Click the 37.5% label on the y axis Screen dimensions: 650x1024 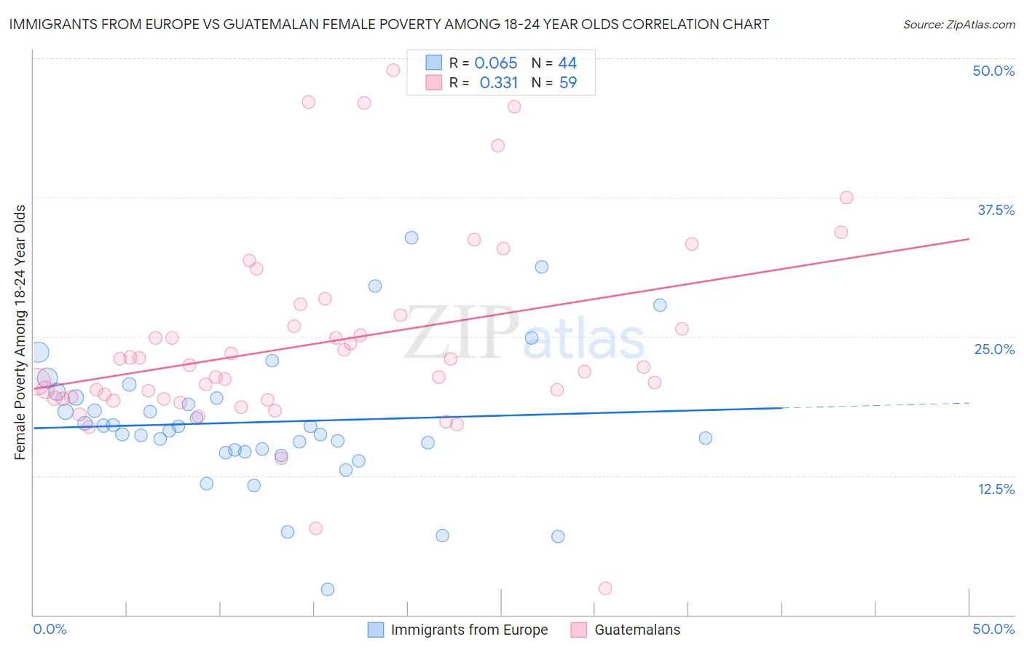click(x=996, y=210)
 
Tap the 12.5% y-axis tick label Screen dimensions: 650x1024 click(x=996, y=489)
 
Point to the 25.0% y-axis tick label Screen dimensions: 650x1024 click(x=994, y=349)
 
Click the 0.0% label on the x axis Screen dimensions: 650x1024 click(x=50, y=629)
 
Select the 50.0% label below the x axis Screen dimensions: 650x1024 click(x=993, y=629)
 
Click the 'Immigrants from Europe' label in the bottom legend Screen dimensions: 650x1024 click(x=469, y=630)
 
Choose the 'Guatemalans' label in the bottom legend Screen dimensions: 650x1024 click(x=637, y=630)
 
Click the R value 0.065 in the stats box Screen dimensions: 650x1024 click(x=495, y=63)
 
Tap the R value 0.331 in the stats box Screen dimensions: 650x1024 click(x=498, y=83)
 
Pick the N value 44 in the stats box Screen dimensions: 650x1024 click(x=567, y=63)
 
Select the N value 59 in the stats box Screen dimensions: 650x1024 click(x=567, y=83)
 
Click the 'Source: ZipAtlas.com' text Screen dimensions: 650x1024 click(x=958, y=24)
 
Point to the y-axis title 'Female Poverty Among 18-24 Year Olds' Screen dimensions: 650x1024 click(x=20, y=332)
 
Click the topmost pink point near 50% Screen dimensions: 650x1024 click(x=393, y=70)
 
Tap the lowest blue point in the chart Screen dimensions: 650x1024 click(x=328, y=589)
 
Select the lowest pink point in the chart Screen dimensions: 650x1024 click(x=604, y=588)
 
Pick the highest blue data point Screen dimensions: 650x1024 click(x=411, y=238)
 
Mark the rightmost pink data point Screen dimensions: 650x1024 click(x=846, y=197)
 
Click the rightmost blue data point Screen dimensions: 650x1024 click(x=705, y=438)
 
